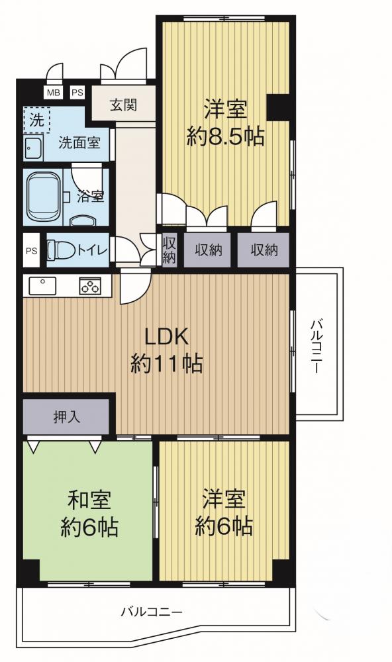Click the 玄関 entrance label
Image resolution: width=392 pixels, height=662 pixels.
pos(123,105)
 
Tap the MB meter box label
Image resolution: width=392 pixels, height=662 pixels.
pos(53,93)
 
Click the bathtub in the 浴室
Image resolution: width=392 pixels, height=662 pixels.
pos(42,197)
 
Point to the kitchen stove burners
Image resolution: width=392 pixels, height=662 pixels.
pos(90,286)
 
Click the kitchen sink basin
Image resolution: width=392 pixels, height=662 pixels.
pos(42,286)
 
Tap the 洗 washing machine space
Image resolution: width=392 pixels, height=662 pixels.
pos(37,120)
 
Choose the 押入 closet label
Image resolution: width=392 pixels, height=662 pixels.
pos(66,417)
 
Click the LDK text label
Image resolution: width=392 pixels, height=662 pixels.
pos(166,337)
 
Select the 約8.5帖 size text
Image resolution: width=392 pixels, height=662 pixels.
pos(226,138)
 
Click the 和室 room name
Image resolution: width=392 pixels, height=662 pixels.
pos(89,500)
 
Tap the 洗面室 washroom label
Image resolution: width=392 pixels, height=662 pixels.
pos(79,143)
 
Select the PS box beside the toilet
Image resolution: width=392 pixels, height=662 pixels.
pos(32,251)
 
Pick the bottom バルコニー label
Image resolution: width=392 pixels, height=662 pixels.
pos(152,611)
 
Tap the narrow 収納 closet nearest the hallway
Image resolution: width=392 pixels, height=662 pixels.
pos(169,250)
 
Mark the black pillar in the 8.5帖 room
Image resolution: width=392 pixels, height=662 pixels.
pos(278,107)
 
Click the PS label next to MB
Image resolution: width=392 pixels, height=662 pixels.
pos(77,93)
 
